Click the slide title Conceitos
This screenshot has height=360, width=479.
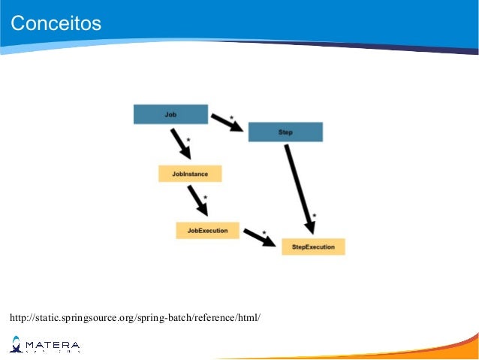pos(56,23)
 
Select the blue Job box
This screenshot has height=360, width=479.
pos(170,114)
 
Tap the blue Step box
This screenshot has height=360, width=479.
pos(285,132)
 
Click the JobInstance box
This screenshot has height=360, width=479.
pos(190,174)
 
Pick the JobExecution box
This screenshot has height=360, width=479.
pos(207,230)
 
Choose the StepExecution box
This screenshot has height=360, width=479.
pos(313,247)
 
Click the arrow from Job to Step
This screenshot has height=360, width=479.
pos(227,123)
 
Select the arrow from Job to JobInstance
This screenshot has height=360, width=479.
pos(181,144)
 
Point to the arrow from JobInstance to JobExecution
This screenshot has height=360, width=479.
pos(197,200)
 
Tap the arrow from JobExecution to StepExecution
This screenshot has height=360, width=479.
pos(259,237)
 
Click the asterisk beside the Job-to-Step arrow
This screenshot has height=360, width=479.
pos(231,118)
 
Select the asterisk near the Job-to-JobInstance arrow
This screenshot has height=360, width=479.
pos(188,141)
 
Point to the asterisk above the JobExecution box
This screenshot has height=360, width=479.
pos(206,198)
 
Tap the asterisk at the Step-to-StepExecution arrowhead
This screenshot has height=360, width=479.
pos(314,216)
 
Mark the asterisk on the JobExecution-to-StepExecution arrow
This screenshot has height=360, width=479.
pos(264,232)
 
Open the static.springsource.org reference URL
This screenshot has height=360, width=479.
pos(135,317)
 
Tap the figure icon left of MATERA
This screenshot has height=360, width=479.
pos(16,345)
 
